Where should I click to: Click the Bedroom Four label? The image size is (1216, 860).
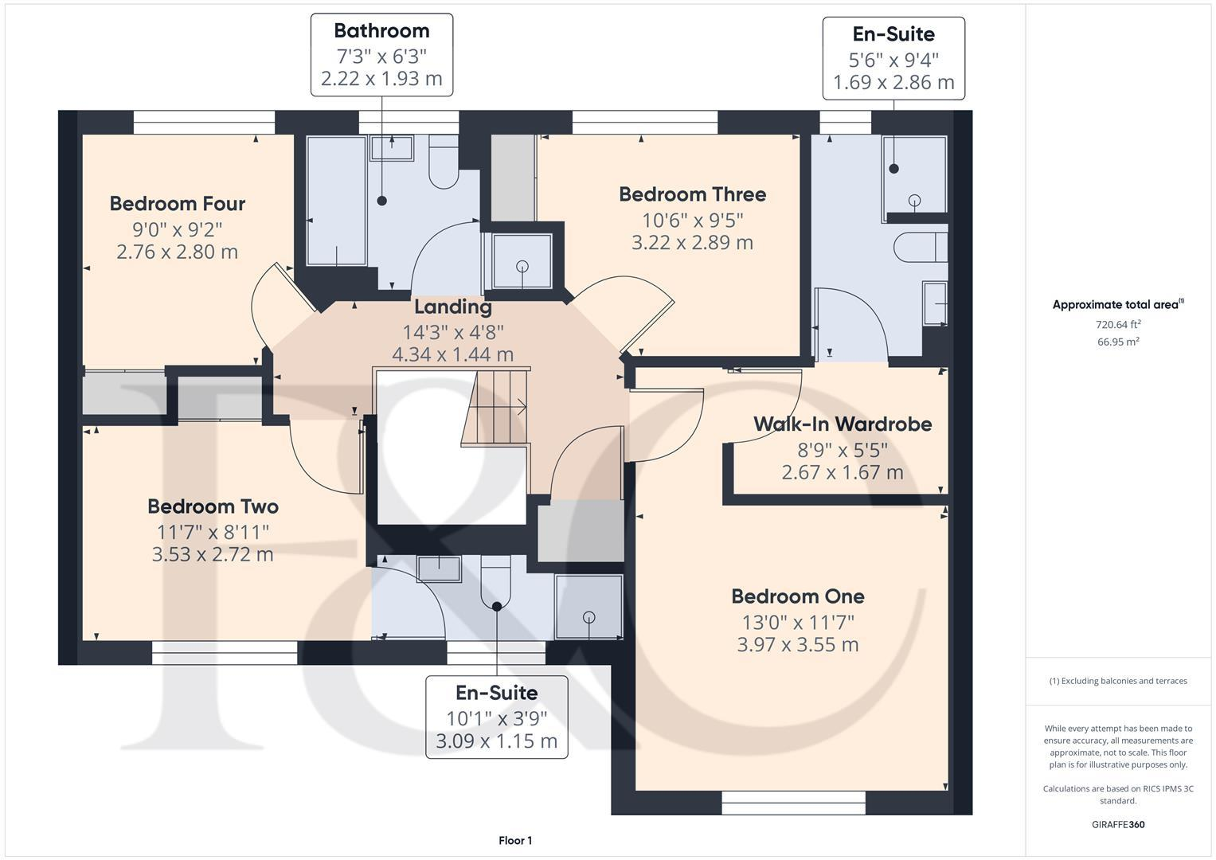pyautogui.click(x=177, y=204)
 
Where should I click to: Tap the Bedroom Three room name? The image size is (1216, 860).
pyautogui.click(x=692, y=194)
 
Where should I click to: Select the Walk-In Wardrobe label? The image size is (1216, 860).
pyautogui.click(x=843, y=424)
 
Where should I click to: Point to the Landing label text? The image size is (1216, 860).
pyautogui.click(x=452, y=307)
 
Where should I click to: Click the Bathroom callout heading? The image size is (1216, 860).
pyautogui.click(x=381, y=31)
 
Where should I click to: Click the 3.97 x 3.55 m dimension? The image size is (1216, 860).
pyautogui.click(x=797, y=645)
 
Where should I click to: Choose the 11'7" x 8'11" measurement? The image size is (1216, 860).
pyautogui.click(x=213, y=531)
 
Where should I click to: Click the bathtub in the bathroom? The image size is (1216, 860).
pyautogui.click(x=336, y=200)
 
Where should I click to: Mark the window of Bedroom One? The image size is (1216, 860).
pyautogui.click(x=793, y=802)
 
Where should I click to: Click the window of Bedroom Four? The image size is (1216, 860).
pyautogui.click(x=204, y=122)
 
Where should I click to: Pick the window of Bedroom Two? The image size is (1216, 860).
pyautogui.click(x=225, y=653)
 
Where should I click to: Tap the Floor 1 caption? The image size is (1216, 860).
pyautogui.click(x=515, y=841)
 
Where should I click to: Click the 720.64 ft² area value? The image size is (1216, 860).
pyautogui.click(x=1118, y=325)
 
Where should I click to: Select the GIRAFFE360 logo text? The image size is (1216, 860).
pyautogui.click(x=1118, y=825)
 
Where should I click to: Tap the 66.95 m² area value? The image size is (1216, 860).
pyautogui.click(x=1118, y=342)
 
